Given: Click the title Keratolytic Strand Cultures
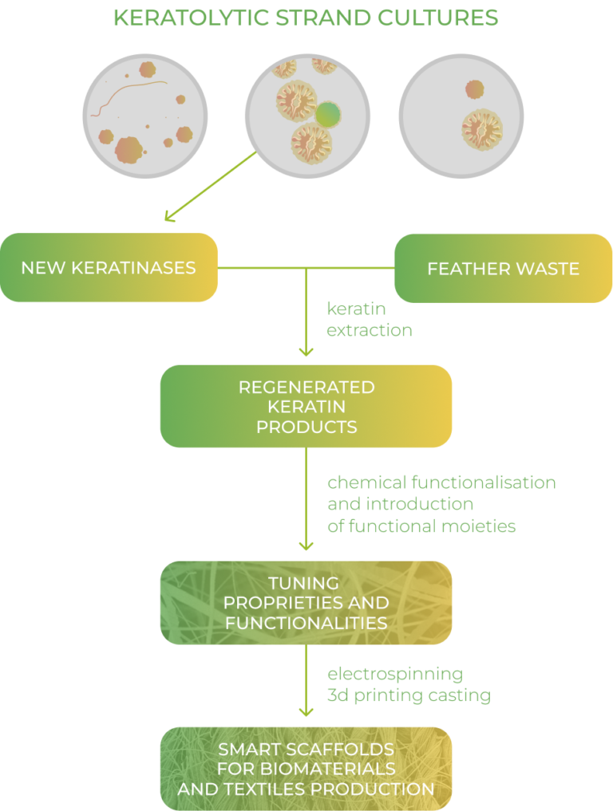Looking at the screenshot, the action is pyautogui.click(x=306, y=18).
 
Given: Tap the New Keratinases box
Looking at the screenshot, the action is pyautogui.click(x=109, y=267).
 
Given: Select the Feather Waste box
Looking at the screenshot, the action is pyautogui.click(x=503, y=269).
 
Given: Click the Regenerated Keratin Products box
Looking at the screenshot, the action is pyautogui.click(x=306, y=407).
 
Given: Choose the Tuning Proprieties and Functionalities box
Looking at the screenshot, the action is pyautogui.click(x=306, y=603).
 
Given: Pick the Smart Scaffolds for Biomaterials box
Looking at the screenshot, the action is pyautogui.click(x=306, y=769).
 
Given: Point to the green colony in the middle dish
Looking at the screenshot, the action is pyautogui.click(x=328, y=114).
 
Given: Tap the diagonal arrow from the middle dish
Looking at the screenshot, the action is pyautogui.click(x=210, y=187).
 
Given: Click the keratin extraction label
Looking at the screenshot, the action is pyautogui.click(x=369, y=319).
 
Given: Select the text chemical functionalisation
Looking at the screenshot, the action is pyautogui.click(x=441, y=482).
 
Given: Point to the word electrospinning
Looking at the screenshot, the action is pyautogui.click(x=395, y=674).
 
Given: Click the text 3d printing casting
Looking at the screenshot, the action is pyautogui.click(x=409, y=695).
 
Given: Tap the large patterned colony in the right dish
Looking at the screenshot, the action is pyautogui.click(x=481, y=129).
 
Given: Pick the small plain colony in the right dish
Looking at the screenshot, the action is pyautogui.click(x=474, y=89).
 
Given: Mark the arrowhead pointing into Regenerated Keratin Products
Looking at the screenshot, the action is pyautogui.click(x=306, y=352).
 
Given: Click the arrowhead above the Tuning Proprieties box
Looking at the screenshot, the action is pyautogui.click(x=306, y=545).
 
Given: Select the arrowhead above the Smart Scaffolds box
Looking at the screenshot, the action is pyautogui.click(x=306, y=711).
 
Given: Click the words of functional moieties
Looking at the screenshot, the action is pyautogui.click(x=421, y=526).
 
